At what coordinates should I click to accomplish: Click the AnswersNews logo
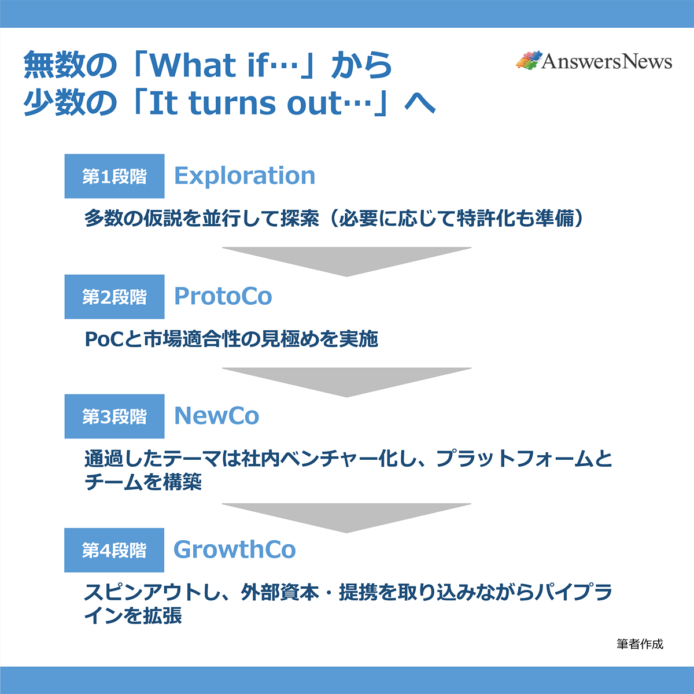click(593, 61)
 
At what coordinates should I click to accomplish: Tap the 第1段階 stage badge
click(115, 176)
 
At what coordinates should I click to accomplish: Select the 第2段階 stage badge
click(115, 297)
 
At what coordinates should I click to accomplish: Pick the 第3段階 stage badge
click(115, 416)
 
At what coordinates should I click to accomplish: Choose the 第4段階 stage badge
click(115, 550)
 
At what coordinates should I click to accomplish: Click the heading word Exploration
click(245, 176)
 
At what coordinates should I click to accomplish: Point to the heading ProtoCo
click(223, 296)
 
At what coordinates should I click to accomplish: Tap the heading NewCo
click(217, 416)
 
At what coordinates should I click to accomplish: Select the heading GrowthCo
click(235, 549)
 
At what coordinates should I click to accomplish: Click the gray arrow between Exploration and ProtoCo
click(347, 259)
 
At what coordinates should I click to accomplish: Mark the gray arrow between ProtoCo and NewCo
click(347, 379)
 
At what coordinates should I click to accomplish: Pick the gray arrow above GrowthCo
click(347, 515)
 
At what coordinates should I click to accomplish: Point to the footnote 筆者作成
click(640, 644)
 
